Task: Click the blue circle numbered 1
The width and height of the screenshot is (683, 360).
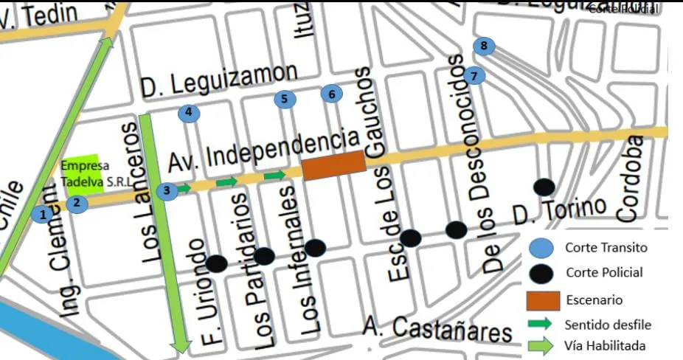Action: click(43, 215)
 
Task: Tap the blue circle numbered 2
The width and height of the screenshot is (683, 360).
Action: click(79, 203)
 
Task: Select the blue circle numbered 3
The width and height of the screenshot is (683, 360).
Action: click(167, 191)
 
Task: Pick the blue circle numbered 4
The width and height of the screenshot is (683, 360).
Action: click(189, 114)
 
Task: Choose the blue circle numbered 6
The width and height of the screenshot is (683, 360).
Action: click(332, 94)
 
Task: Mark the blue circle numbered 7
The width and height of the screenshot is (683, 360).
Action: click(475, 75)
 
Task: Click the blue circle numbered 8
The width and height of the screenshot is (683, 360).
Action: click(484, 46)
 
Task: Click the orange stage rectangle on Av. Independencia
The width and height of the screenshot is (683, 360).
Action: click(334, 165)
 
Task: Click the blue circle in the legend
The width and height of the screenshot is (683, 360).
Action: click(541, 248)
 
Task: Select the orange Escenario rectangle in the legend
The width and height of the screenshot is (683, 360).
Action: click(541, 300)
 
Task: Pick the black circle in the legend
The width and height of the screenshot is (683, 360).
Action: click(541, 273)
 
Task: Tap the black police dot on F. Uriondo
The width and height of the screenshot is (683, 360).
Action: click(216, 263)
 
